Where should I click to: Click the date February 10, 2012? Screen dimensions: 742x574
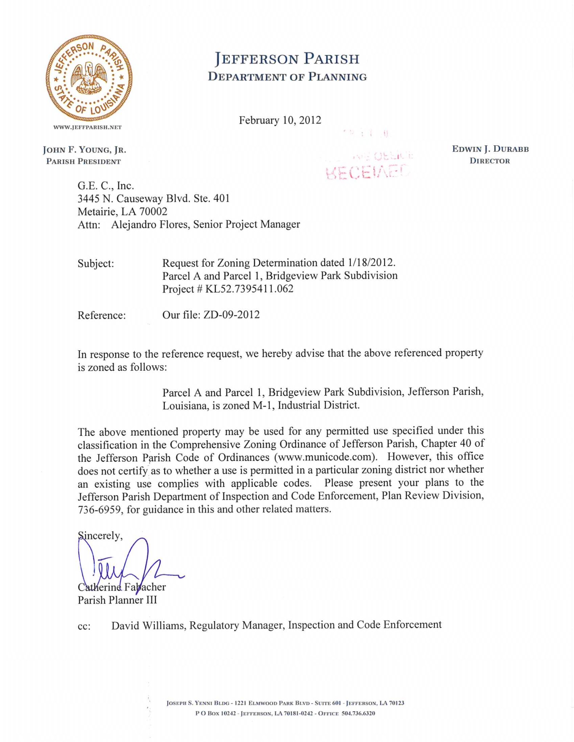tap(280, 120)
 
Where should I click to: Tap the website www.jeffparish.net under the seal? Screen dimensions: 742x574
tap(87, 127)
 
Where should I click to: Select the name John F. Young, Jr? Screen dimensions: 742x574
tap(84, 150)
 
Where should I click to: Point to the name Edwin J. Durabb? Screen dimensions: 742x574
tap(490, 149)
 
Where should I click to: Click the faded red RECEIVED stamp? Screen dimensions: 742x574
tap(367, 172)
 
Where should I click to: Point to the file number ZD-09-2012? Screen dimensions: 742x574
tap(231, 314)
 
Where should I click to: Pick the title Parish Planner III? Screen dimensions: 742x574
tap(117, 600)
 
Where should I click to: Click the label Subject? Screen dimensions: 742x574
tap(96, 263)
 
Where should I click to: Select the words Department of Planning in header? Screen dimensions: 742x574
tap(287, 77)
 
